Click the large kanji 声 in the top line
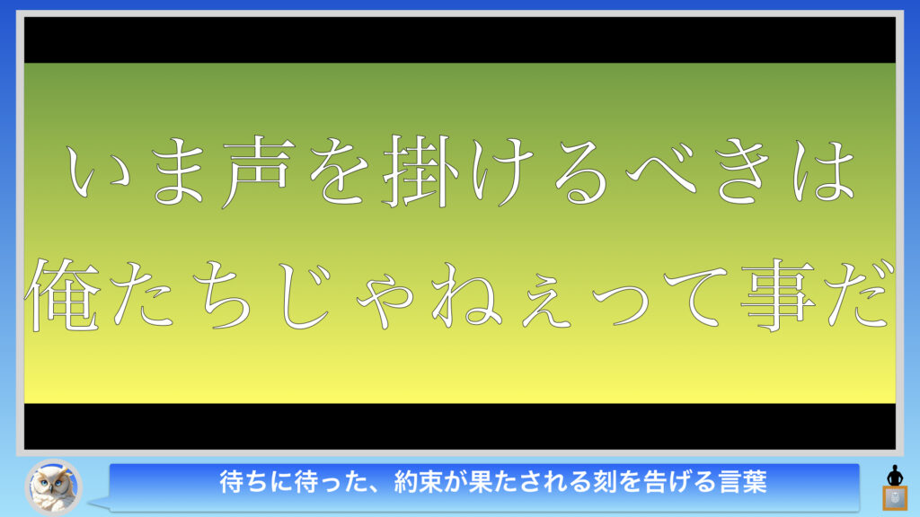tap(257, 172)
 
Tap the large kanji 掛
tap(421, 171)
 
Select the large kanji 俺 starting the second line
tap(63, 294)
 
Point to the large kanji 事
tap(778, 294)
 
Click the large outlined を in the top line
tap(339, 172)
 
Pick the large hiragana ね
tap(467, 294)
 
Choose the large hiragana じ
tap(305, 294)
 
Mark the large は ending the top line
tap(823, 172)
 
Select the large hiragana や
tap(385, 299)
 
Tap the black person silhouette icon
tap(895, 475)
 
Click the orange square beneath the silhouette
tap(895, 498)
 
